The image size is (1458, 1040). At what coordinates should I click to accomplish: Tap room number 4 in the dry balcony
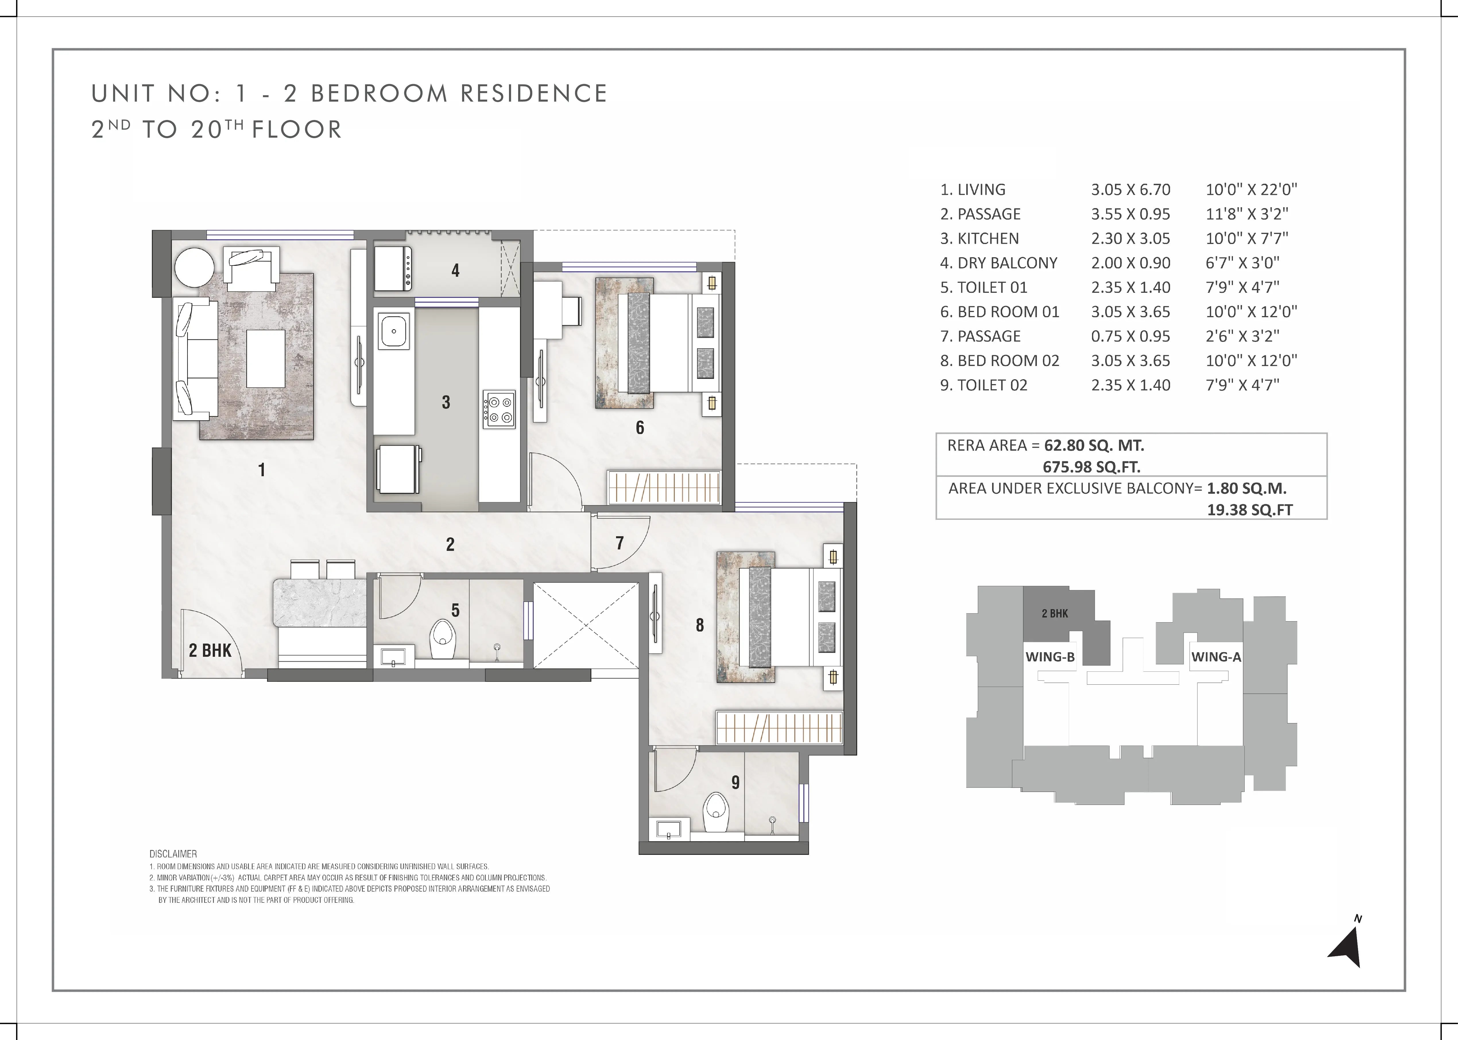[455, 270]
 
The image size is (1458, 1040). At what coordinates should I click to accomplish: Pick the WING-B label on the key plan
[1050, 656]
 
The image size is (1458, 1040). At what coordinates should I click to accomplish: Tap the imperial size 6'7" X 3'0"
[1242, 263]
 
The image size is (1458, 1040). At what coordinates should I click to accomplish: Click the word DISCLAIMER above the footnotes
[173, 854]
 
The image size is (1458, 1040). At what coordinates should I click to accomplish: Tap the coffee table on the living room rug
[266, 359]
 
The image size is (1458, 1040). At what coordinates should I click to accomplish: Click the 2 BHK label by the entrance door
[210, 651]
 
